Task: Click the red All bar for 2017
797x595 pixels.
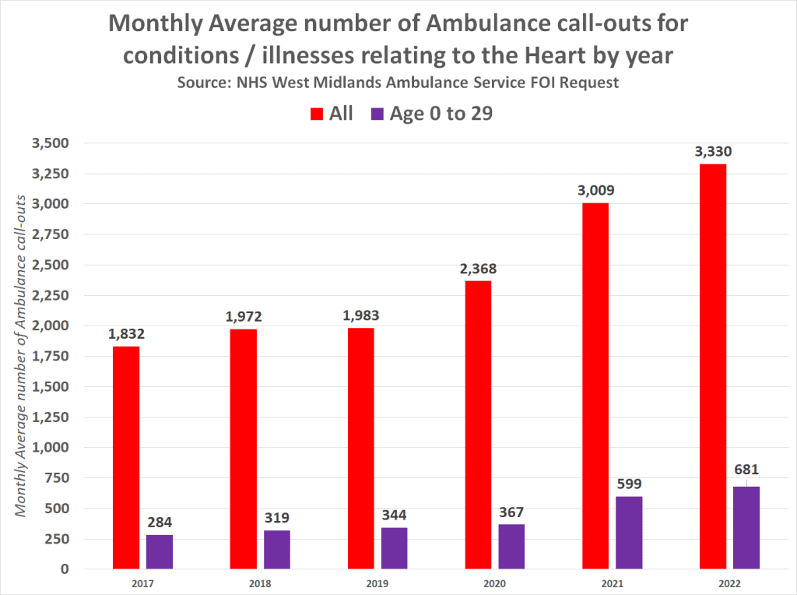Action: tap(126, 457)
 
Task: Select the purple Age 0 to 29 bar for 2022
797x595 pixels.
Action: tap(746, 527)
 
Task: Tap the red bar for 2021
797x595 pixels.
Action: tap(595, 386)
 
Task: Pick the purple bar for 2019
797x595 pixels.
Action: tap(394, 548)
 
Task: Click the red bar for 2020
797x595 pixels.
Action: tap(478, 424)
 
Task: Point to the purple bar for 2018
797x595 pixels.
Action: tap(277, 550)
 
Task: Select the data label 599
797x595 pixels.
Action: tap(629, 484)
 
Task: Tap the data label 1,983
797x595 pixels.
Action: tap(360, 315)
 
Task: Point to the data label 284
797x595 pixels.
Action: tap(160, 522)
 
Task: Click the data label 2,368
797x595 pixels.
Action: tap(477, 269)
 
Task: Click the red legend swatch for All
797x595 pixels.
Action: tap(317, 114)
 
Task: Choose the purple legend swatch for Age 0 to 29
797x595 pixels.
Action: tap(378, 114)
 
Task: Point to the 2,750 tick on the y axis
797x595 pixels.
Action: tap(50, 234)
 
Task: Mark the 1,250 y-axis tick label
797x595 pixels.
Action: tap(50, 417)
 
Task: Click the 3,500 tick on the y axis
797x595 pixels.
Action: tap(50, 143)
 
